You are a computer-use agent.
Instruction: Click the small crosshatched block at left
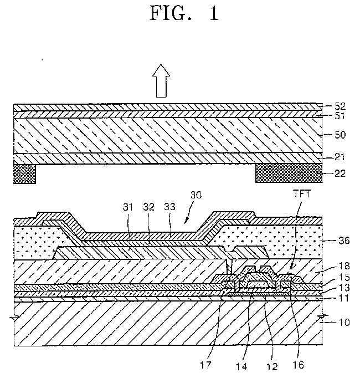23,174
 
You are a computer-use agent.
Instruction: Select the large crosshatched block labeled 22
287,174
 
